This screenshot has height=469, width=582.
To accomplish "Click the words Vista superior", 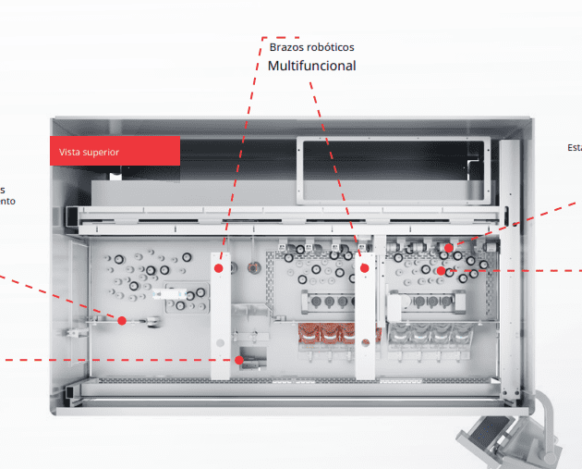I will tap(89, 152).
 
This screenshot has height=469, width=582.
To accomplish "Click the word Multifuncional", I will tap(311, 66).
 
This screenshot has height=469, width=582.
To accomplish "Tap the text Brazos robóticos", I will tap(311, 46).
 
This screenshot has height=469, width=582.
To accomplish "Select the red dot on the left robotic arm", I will tap(219, 268).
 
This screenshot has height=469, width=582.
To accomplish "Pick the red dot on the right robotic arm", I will tap(365, 268).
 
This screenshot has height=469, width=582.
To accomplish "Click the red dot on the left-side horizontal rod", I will tap(121, 320).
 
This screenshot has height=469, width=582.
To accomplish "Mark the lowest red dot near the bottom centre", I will tap(238, 359).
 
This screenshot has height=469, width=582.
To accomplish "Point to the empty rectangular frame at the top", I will tap(391, 169).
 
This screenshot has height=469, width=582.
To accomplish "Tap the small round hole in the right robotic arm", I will tap(366, 344).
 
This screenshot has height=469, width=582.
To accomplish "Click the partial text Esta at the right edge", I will tap(574, 147).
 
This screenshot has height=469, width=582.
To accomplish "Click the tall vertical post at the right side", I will tap(510, 268).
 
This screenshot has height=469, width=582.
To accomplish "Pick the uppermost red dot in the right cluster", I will tap(448, 248).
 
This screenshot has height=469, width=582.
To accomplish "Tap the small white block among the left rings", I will tap(171, 293).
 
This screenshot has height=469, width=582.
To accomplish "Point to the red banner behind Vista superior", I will tap(115, 151).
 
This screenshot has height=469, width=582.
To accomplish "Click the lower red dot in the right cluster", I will tap(442, 271).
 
